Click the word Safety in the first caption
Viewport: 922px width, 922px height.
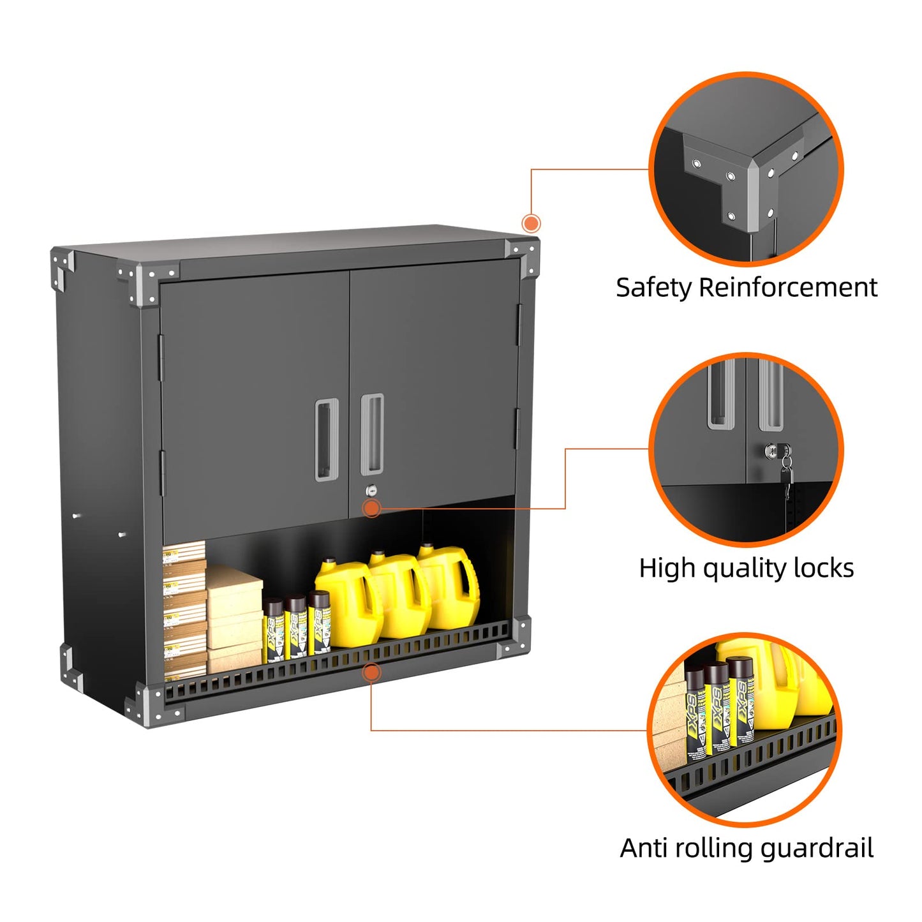coord(653,288)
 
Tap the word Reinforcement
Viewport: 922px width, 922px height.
coord(788,288)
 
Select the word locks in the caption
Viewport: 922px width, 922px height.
coord(823,568)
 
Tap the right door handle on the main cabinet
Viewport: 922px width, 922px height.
coord(372,435)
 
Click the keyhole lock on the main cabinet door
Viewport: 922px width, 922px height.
coord(371,491)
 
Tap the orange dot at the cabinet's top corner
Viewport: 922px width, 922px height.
coord(531,223)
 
